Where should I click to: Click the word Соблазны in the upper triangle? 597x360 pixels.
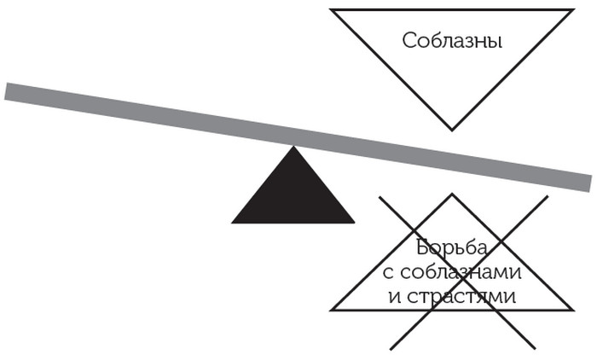tap(451, 41)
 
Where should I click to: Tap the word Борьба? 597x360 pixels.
tap(452, 248)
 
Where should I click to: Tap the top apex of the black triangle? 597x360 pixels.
tap(293, 147)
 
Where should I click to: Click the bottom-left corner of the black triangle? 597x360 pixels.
tap(233, 223)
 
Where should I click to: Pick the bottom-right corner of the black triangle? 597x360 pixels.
tap(355, 223)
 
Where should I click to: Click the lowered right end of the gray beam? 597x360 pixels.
tap(588, 183)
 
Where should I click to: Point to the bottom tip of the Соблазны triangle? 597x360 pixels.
tap(452, 130)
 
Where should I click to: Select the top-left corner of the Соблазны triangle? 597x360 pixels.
tap(332, 10)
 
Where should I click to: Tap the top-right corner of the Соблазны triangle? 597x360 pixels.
tap(572, 10)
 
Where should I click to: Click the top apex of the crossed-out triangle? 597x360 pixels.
tap(452, 195)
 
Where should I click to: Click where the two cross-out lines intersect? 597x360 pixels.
tap(462, 272)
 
